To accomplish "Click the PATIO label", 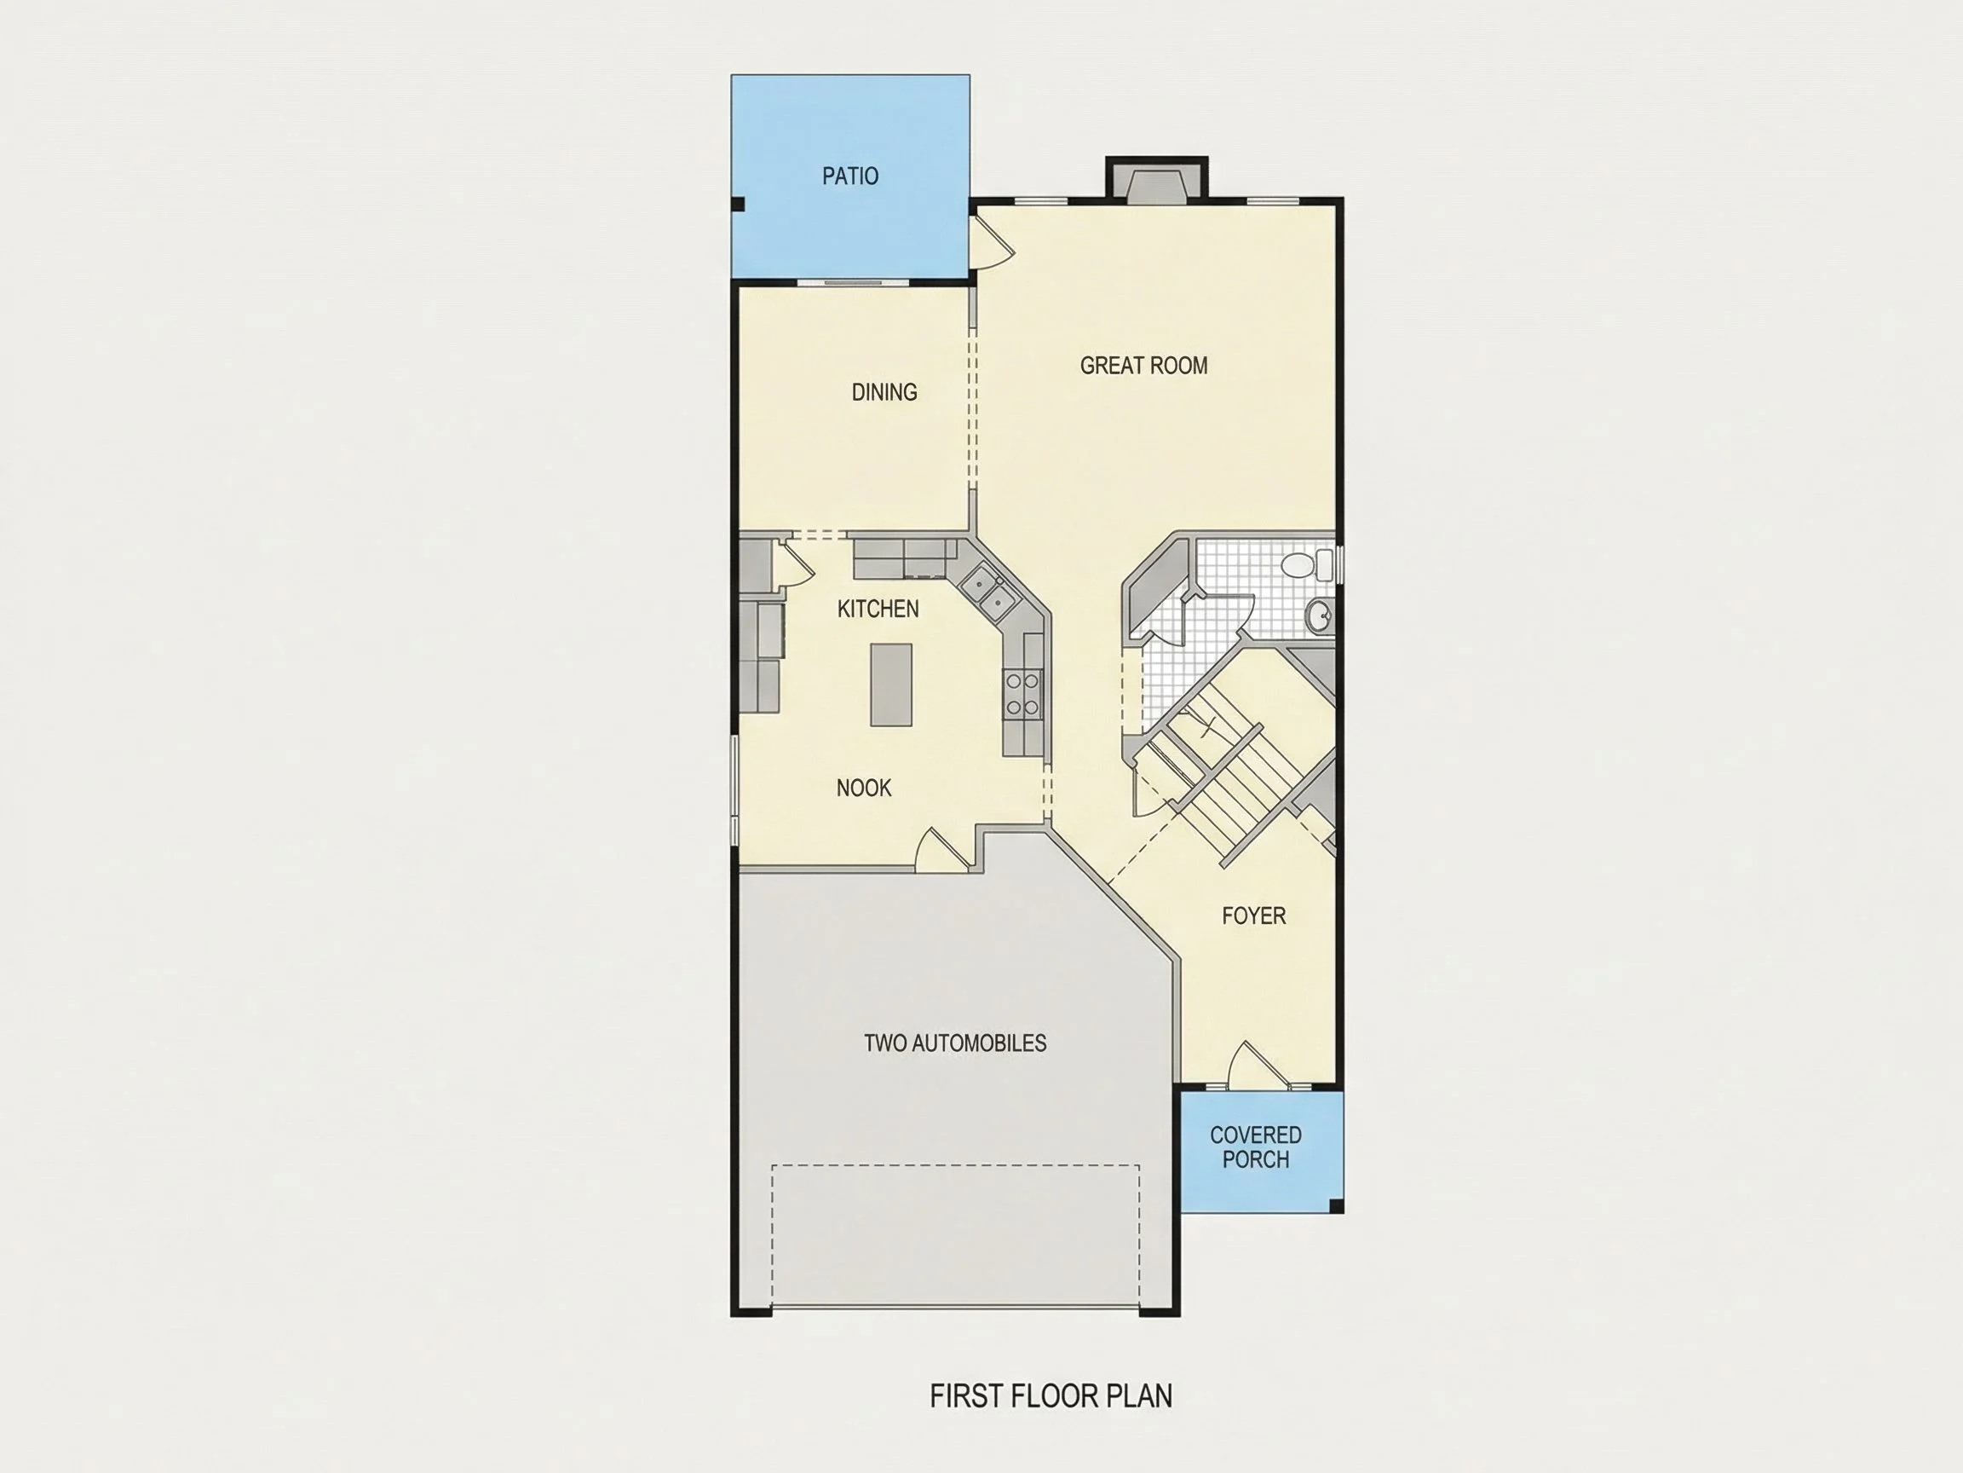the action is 850,176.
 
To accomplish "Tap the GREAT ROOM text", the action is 1143,365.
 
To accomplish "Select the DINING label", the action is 884,391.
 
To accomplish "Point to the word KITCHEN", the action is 878,608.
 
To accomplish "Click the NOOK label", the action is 863,788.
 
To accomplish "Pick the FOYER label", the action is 1253,916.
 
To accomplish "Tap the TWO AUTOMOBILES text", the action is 955,1043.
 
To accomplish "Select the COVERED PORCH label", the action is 1256,1147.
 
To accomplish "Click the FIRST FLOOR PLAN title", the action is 1051,1395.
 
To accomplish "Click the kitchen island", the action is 891,685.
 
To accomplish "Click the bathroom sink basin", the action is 1321,615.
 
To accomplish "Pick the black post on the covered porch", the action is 1336,1204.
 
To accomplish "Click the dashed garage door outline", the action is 956,1235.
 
